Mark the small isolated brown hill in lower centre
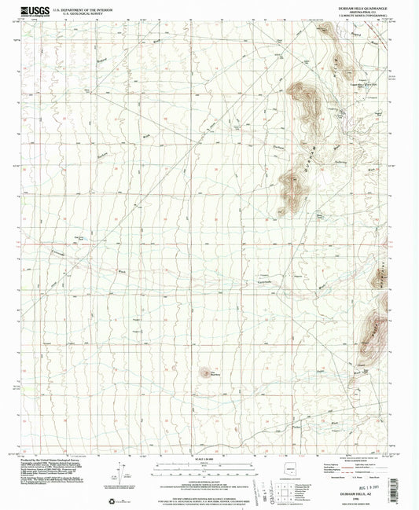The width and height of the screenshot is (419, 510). click(x=206, y=374)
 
